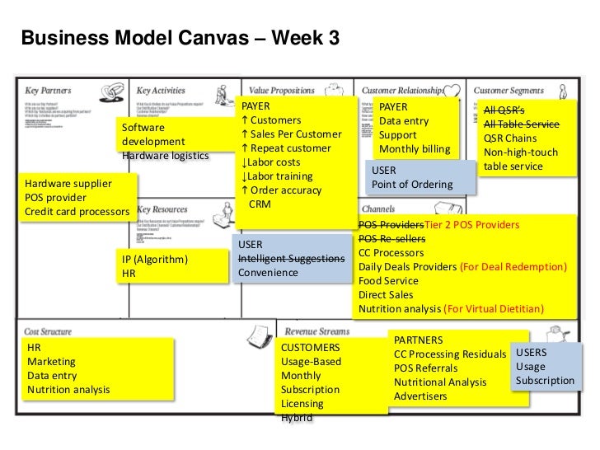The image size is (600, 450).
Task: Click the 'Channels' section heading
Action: (377, 209)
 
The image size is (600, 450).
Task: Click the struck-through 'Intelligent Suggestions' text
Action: (291, 259)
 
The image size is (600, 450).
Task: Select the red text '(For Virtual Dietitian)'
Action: (494, 309)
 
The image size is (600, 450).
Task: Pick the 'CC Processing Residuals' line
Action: (449, 354)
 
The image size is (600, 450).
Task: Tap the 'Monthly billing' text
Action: (415, 149)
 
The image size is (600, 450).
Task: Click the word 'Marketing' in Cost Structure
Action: (51, 361)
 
